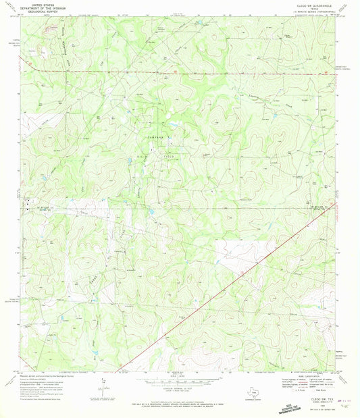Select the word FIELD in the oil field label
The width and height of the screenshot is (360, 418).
pyautogui.click(x=167, y=157)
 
